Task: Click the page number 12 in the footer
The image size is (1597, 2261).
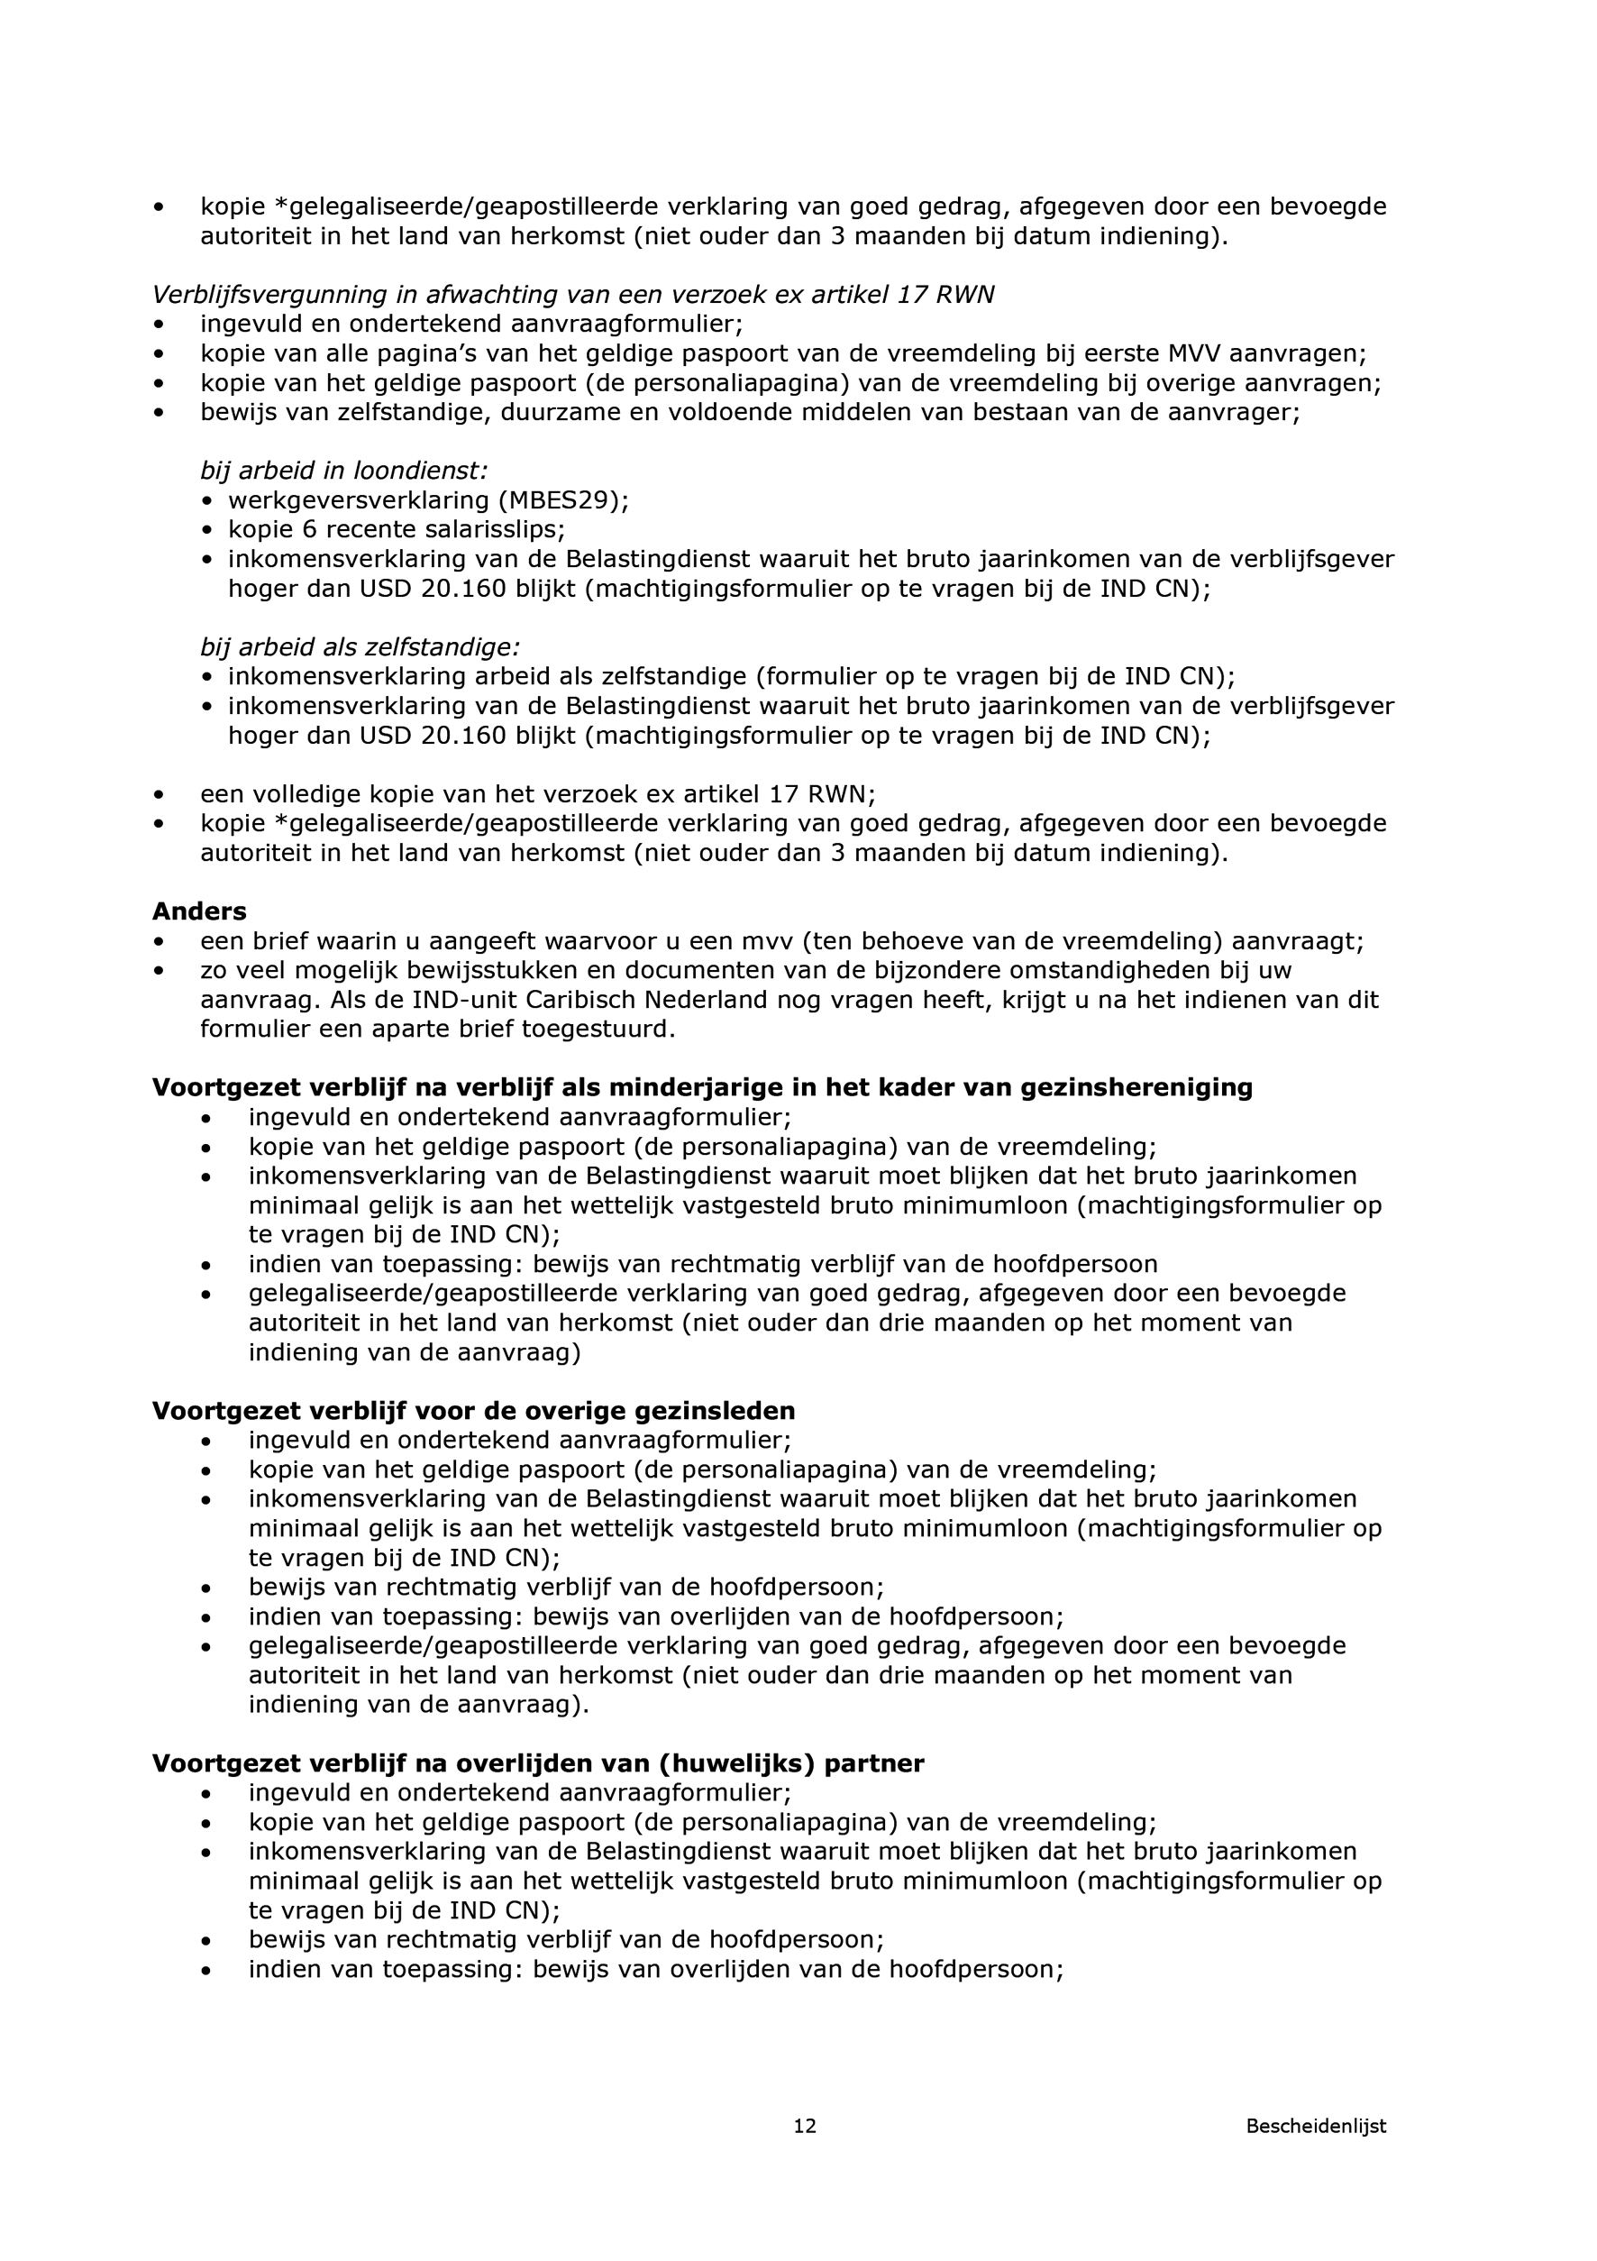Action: [805, 2154]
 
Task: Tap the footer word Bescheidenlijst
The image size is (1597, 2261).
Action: [1316, 2154]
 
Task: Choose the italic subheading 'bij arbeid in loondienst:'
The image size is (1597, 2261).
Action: [343, 471]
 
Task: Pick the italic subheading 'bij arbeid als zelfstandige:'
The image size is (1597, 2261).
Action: [360, 647]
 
